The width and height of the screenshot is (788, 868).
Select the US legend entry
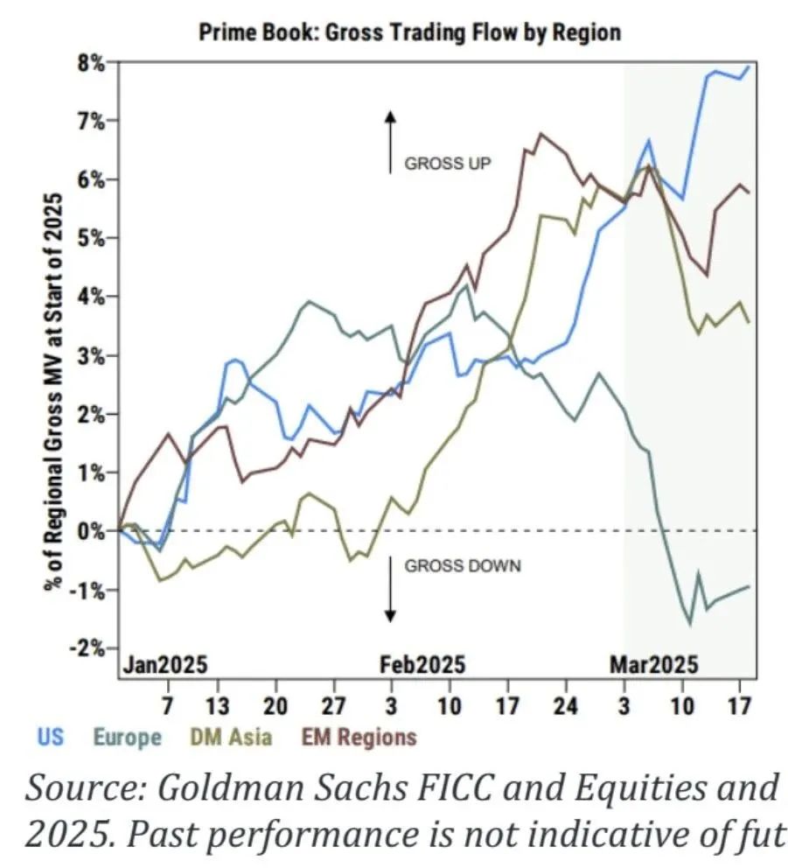pos(52,736)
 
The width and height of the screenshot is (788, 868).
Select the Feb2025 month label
pos(422,663)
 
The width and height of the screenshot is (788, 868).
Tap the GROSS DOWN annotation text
pos(462,566)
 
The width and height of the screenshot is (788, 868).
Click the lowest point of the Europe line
pos(690,624)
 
